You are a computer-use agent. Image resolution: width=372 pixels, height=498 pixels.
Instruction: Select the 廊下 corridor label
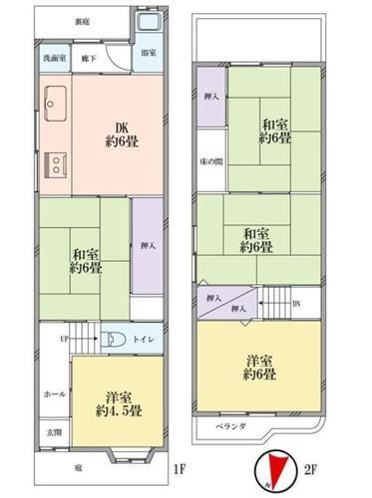point(88,58)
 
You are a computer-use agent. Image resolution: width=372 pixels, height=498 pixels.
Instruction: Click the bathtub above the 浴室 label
point(148,27)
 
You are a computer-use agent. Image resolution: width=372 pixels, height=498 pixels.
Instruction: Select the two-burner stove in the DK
point(54,162)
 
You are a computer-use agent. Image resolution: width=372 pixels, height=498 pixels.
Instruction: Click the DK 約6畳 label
point(120,135)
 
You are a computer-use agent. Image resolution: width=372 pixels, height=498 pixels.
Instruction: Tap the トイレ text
point(143,338)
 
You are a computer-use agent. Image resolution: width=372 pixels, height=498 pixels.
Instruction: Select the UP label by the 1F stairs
point(66,339)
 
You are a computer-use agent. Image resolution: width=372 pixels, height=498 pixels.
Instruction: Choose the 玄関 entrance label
point(53,431)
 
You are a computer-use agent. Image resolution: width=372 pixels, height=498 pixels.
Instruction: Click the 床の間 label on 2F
point(210,160)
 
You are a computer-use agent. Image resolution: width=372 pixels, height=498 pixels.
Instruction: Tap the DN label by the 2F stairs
point(296,302)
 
